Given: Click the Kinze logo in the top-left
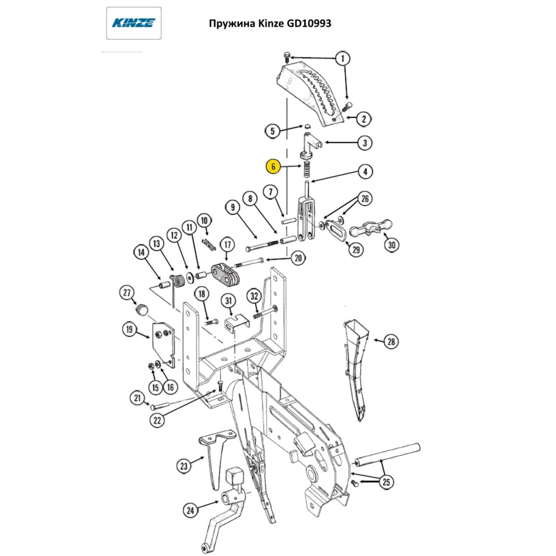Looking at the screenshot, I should pyautogui.click(x=133, y=23).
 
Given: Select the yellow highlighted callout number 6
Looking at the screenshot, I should pyautogui.click(x=272, y=166).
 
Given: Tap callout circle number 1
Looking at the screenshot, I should pyautogui.click(x=342, y=58).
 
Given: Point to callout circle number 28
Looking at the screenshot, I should pyautogui.click(x=391, y=341).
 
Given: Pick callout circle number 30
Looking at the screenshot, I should pyautogui.click(x=392, y=245).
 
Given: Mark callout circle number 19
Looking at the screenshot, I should pyautogui.click(x=130, y=330).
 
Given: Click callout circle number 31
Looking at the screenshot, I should pyautogui.click(x=227, y=300).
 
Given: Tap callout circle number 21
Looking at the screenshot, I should pyautogui.click(x=137, y=398).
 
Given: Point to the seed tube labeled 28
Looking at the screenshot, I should pyautogui.click(x=355, y=367).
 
